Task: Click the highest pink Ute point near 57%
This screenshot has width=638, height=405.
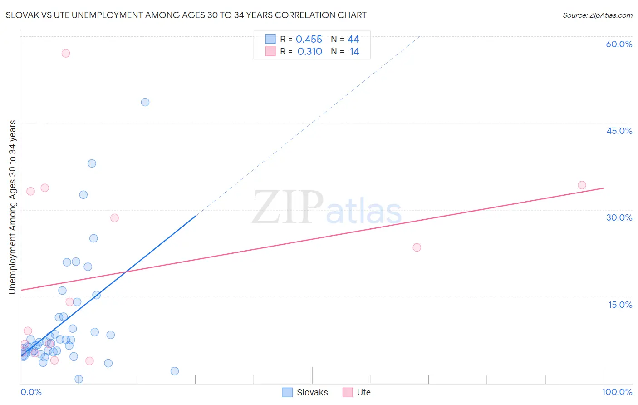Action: pyautogui.click(x=66, y=53)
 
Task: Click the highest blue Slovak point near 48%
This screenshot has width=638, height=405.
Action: pyautogui.click(x=145, y=102)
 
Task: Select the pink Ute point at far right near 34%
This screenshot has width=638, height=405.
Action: pyautogui.click(x=582, y=185)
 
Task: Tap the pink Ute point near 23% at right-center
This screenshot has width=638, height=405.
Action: pyautogui.click(x=417, y=247)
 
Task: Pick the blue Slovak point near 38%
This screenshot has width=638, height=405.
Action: pyautogui.click(x=92, y=163)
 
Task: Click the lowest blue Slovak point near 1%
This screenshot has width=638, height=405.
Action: pyautogui.click(x=79, y=379)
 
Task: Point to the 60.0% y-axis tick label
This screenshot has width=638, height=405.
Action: pyautogui.click(x=619, y=44)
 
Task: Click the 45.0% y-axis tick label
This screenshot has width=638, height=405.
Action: pyautogui.click(x=619, y=131)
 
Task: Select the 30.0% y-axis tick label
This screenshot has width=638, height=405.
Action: pyautogui.click(x=619, y=217)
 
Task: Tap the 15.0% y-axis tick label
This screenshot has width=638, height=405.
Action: pyautogui.click(x=620, y=305)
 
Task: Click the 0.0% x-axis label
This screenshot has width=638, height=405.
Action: pyautogui.click(x=31, y=392)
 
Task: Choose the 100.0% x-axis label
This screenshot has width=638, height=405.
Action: pyautogui.click(x=617, y=392)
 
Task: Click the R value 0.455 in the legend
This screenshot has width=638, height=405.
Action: pyautogui.click(x=309, y=40)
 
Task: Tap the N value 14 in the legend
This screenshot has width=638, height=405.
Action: pyautogui.click(x=354, y=52)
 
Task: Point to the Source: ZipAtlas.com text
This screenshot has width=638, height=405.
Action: pyautogui.click(x=597, y=15)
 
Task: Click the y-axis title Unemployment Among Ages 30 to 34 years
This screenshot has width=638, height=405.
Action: pyautogui.click(x=13, y=207)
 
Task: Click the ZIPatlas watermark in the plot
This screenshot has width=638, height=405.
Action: pyautogui.click(x=327, y=208)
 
